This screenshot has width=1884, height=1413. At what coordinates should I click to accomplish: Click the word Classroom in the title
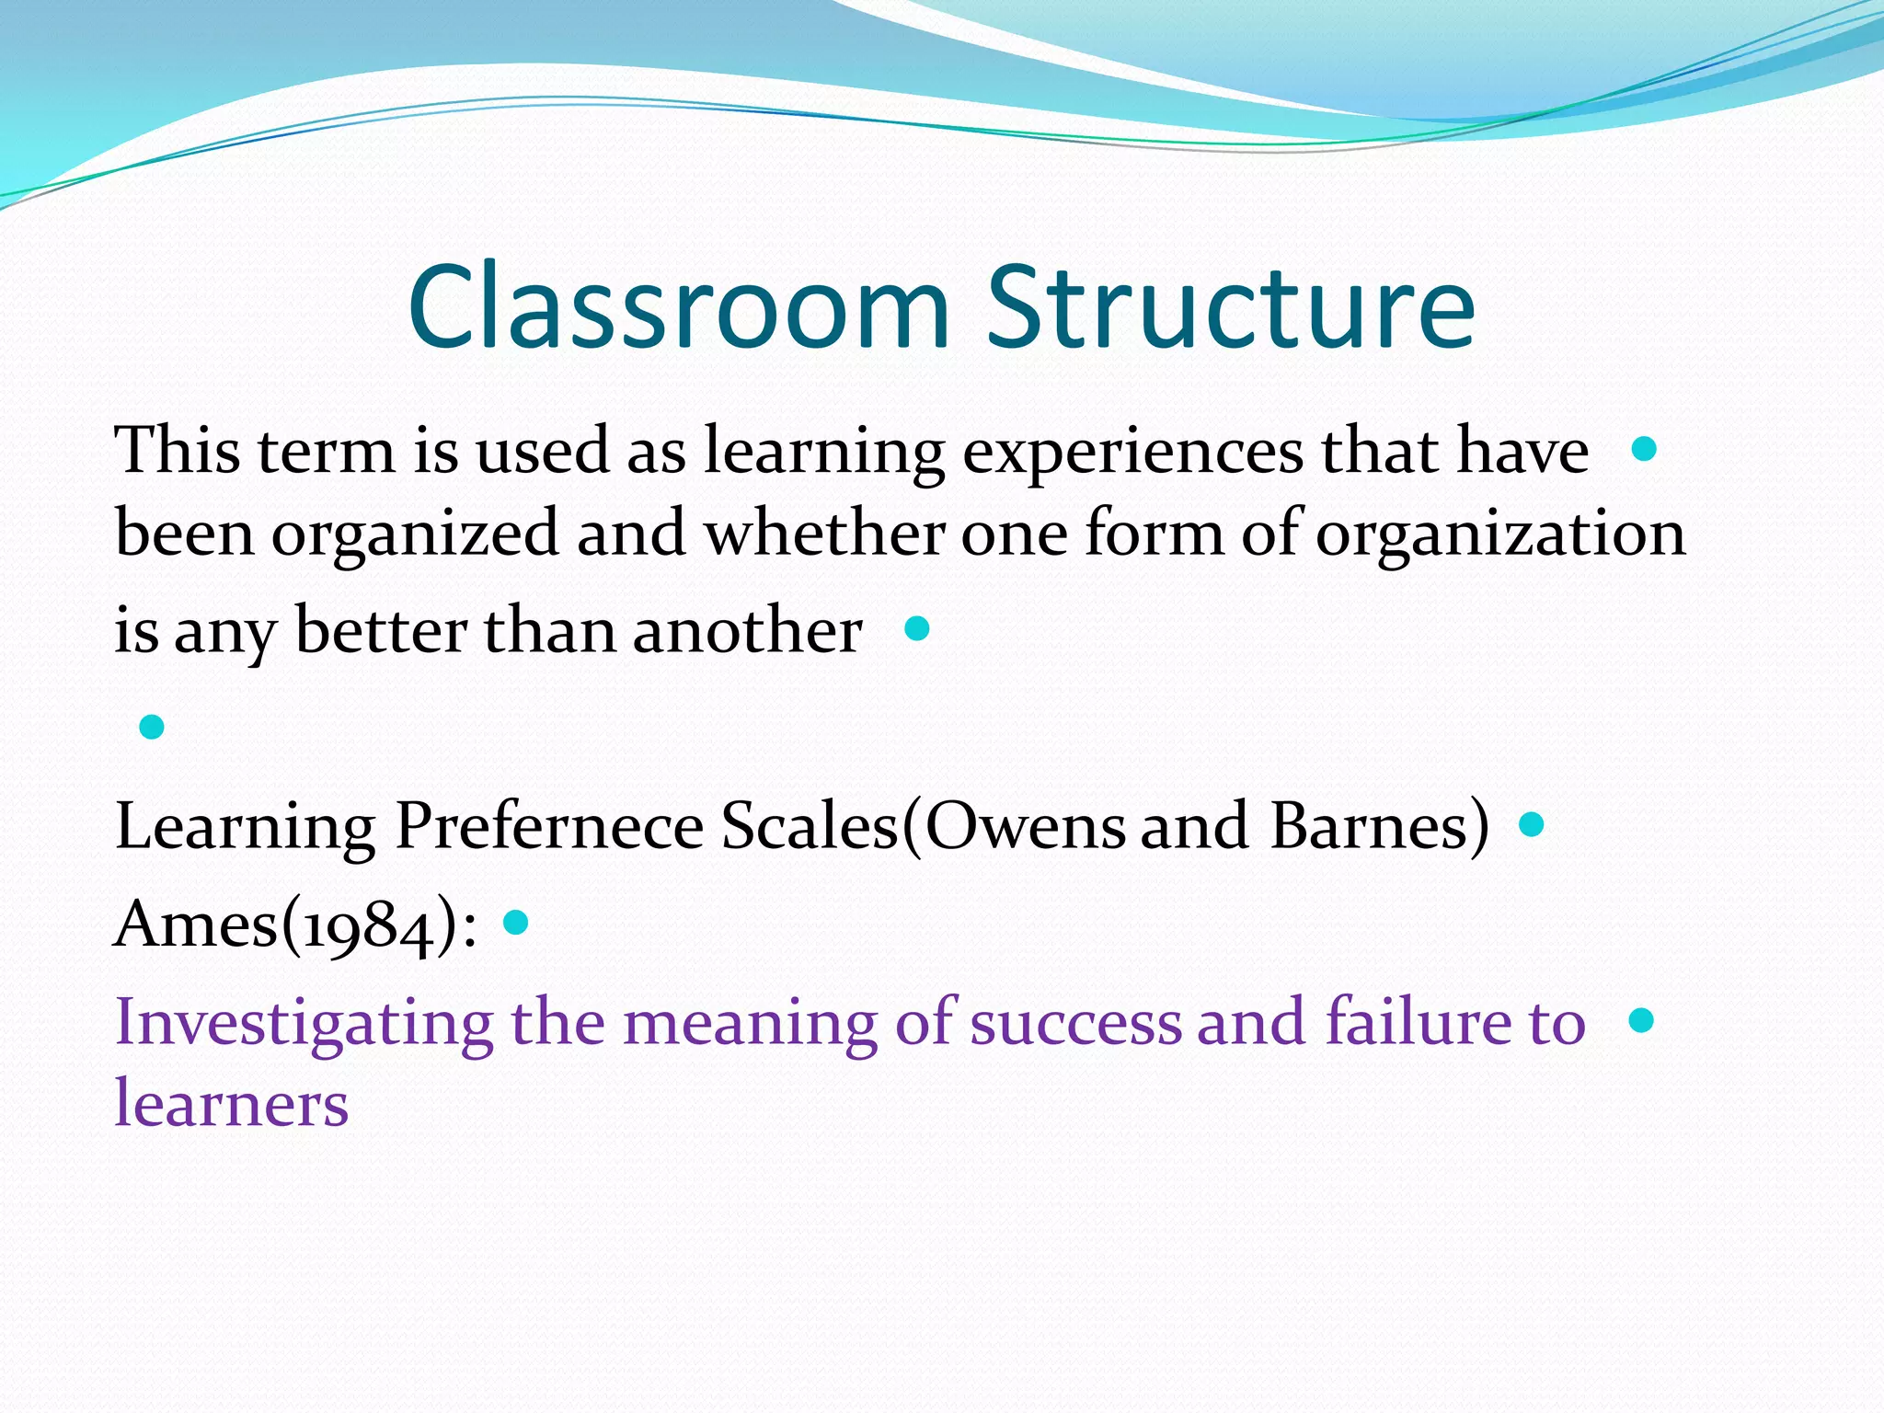pos(678,307)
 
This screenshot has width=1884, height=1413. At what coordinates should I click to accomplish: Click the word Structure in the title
pos(1230,307)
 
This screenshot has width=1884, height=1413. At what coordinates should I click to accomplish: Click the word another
pos(747,632)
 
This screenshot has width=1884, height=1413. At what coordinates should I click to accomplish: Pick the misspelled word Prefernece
pos(549,825)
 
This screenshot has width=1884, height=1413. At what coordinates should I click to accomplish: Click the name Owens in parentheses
pos(1025,825)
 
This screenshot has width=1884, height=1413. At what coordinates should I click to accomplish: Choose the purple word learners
pos(231,1104)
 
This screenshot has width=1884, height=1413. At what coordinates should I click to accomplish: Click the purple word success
pos(1074,1024)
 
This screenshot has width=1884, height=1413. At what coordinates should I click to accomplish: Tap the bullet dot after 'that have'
pos(1643,450)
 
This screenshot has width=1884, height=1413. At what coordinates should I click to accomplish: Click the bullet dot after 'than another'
pos(917,629)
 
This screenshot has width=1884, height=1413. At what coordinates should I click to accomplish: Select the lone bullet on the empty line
pos(152,728)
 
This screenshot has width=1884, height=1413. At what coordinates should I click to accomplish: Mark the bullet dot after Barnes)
pos(1532,824)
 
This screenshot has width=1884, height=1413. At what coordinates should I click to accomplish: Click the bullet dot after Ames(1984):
pos(516,922)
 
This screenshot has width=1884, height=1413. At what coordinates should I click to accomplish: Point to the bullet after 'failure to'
pos(1641,1020)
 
